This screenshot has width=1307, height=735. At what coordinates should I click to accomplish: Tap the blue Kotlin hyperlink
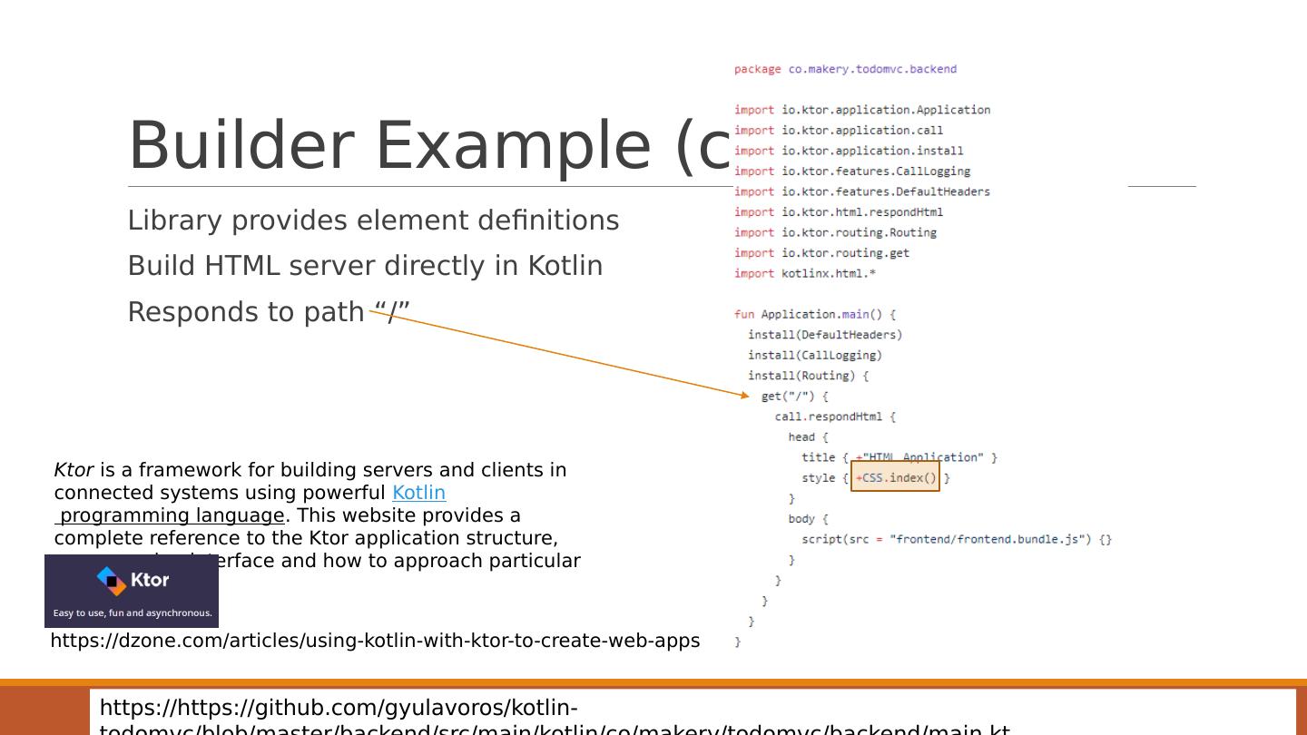[418, 493]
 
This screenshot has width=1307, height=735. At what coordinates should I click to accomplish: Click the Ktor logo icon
[112, 581]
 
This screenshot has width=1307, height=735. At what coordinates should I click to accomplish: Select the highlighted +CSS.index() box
[895, 477]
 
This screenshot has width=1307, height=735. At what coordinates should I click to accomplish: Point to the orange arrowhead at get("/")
[745, 395]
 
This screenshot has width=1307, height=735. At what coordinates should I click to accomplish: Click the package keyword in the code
[757, 69]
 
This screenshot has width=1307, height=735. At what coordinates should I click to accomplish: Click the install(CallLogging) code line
[814, 355]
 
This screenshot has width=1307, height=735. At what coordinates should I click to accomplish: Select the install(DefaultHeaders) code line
[824, 335]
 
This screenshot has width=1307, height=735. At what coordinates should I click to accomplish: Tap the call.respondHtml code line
[834, 416]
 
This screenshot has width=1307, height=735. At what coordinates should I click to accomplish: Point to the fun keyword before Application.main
[743, 314]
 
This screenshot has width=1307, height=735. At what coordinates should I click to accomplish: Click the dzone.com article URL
[375, 641]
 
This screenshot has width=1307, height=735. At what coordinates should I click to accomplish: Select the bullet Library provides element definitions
[373, 220]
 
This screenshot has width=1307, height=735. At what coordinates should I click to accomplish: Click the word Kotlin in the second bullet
[565, 266]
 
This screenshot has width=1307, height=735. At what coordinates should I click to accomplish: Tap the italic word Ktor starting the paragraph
[74, 470]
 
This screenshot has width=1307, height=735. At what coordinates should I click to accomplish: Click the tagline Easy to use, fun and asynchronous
[133, 612]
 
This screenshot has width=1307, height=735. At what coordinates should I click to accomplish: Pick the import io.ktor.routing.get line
[821, 253]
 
